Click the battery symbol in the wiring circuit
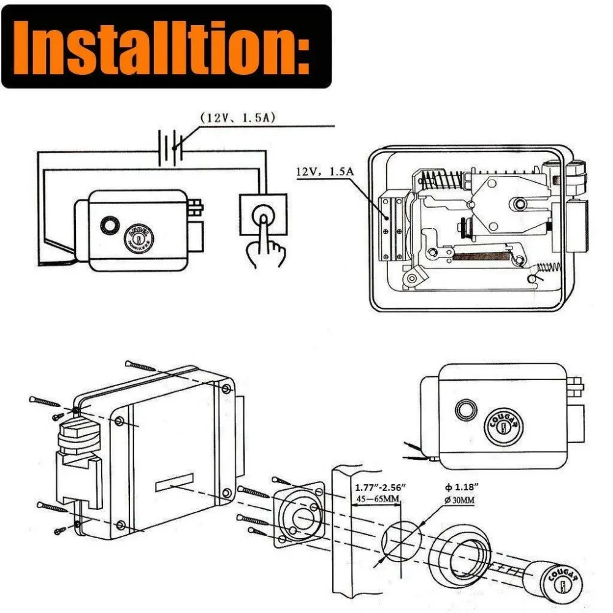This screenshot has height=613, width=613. [168, 148]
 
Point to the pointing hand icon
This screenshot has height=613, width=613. [264, 245]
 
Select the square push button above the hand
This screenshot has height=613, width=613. [263, 215]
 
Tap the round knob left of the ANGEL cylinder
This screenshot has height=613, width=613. [110, 226]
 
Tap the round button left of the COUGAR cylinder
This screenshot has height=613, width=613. [465, 409]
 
